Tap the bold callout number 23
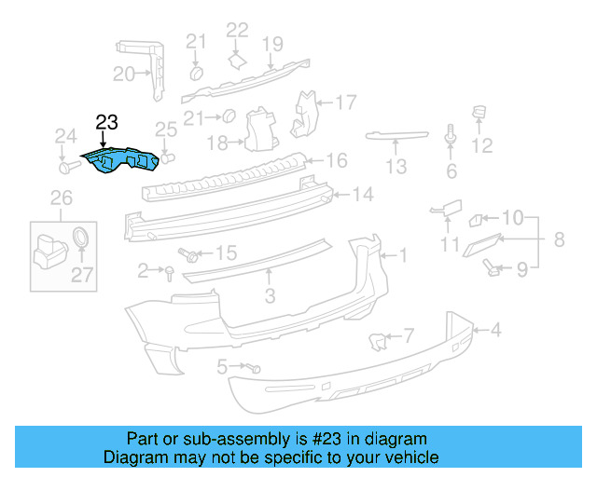(106, 122)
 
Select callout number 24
(64, 138)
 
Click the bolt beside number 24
(67, 169)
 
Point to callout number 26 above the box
(61, 198)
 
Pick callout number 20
(124, 75)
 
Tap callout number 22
(238, 30)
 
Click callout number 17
(346, 102)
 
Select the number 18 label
(217, 143)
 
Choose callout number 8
(559, 239)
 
